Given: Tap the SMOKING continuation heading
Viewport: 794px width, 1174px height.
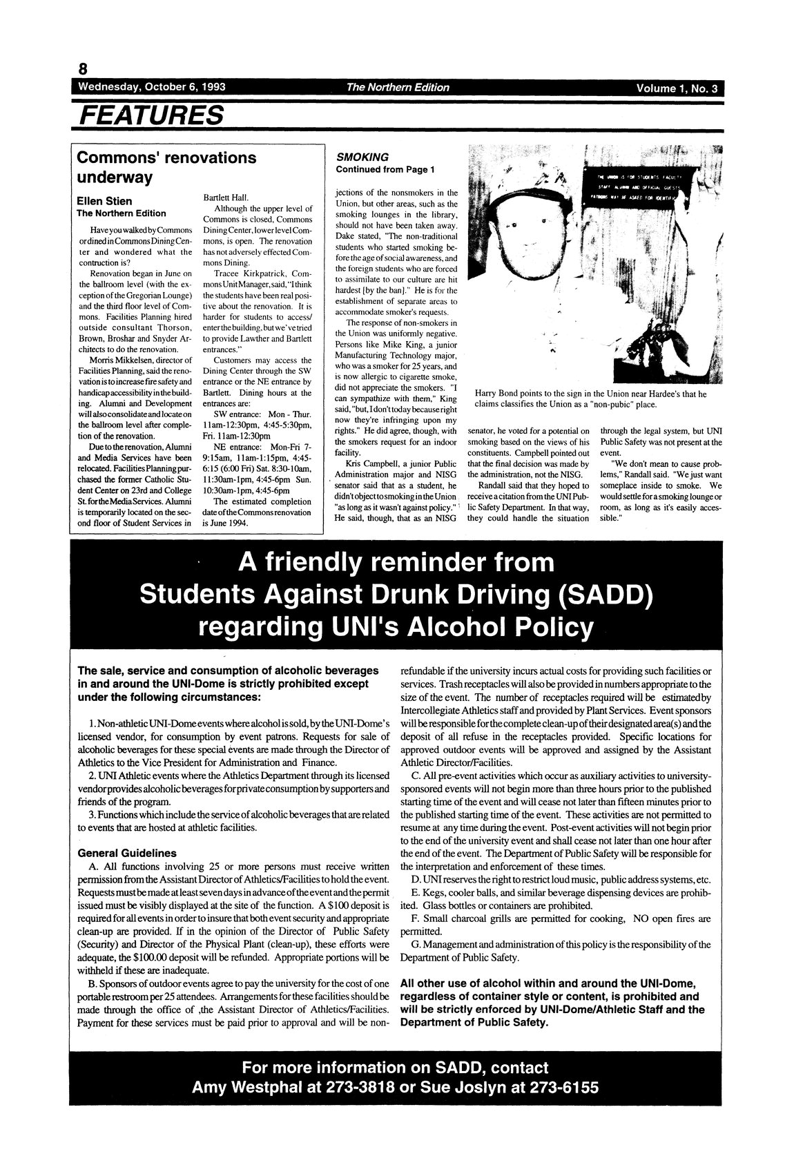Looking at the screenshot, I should coord(362,157).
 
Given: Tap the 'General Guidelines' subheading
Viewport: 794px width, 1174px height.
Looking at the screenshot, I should coord(127,853).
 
